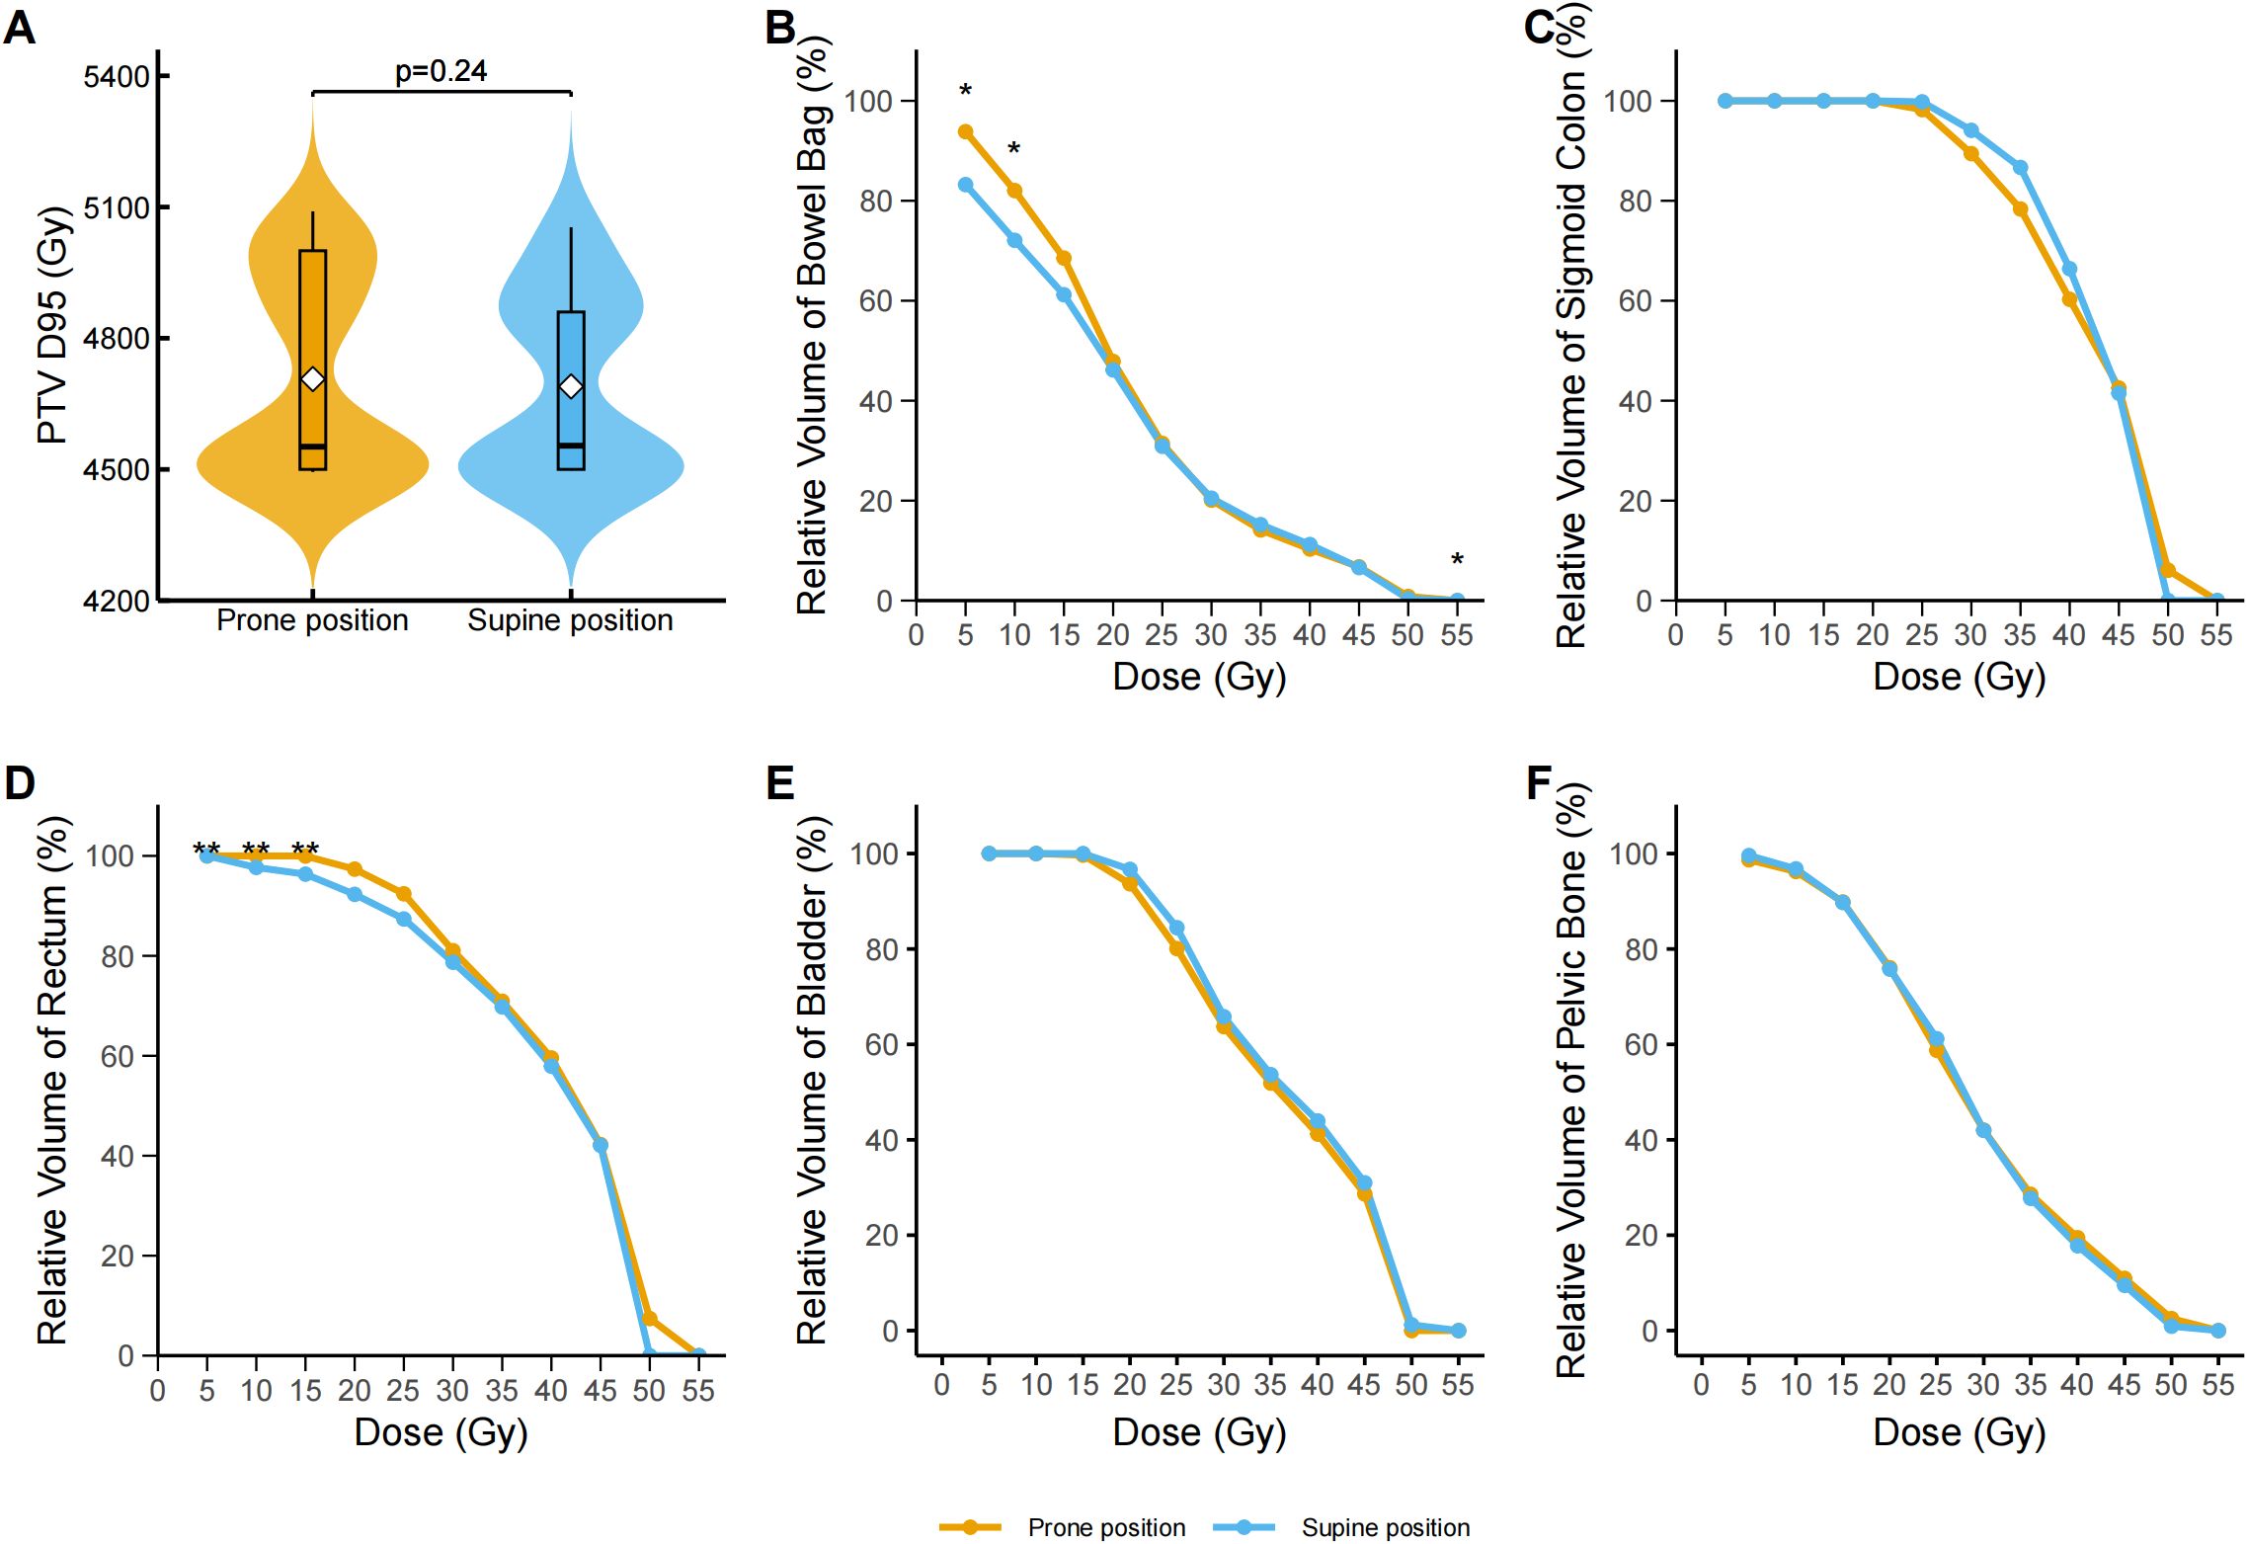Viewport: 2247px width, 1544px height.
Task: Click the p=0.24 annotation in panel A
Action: pos(441,71)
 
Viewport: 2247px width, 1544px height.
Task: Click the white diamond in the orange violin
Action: pos(312,379)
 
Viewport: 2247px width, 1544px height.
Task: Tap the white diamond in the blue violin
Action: pos(571,386)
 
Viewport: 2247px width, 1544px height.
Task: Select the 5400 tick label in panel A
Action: pos(117,77)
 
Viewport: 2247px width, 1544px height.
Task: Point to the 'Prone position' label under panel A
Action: pos(312,620)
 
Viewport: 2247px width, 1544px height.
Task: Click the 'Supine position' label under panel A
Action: pos(570,620)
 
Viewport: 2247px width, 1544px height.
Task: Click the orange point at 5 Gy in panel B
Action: pos(966,132)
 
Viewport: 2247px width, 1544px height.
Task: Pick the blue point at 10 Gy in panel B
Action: pos(1014,240)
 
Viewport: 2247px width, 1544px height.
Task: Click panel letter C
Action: pos(1540,28)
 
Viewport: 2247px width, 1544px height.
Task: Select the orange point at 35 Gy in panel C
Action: pos(2021,209)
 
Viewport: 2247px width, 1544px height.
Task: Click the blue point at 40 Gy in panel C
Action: pos(2069,269)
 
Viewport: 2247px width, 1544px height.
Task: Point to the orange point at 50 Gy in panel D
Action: pos(649,1319)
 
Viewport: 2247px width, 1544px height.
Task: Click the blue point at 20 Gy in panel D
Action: pos(355,894)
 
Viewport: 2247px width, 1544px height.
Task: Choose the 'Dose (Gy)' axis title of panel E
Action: pos(1199,1432)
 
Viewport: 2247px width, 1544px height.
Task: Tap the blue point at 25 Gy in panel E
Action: pos(1176,929)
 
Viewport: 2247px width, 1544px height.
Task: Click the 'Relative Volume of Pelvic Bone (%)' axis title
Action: pos(1570,1081)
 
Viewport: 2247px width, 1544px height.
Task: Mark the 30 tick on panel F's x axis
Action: pos(1983,1385)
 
